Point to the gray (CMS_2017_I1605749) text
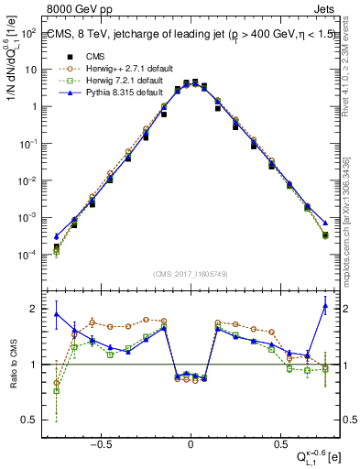(190, 273)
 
